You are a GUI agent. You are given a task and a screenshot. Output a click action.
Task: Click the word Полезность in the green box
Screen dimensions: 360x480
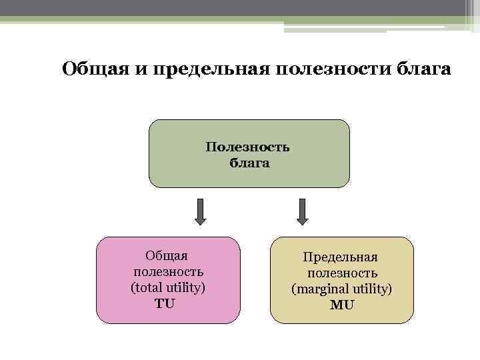(248, 147)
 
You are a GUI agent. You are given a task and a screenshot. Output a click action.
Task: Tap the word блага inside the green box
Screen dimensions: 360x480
(249, 163)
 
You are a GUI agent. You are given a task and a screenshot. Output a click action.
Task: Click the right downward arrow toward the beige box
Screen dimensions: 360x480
(302, 211)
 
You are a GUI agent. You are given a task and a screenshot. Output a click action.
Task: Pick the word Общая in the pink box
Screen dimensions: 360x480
(167, 256)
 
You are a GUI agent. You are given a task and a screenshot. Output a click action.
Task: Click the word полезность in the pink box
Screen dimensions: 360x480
(168, 272)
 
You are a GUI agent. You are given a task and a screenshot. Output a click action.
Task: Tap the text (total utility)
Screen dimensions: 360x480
(168, 288)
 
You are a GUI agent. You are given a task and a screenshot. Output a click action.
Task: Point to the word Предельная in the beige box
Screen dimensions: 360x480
(340, 257)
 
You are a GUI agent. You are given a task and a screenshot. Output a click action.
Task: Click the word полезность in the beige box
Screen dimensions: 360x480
(343, 273)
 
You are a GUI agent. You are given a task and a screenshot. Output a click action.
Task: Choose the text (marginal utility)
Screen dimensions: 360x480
(342, 289)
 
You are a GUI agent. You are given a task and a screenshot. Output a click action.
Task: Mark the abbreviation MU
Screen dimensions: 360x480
(342, 305)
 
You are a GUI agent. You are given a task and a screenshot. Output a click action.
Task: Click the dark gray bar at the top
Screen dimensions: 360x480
(233, 7)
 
